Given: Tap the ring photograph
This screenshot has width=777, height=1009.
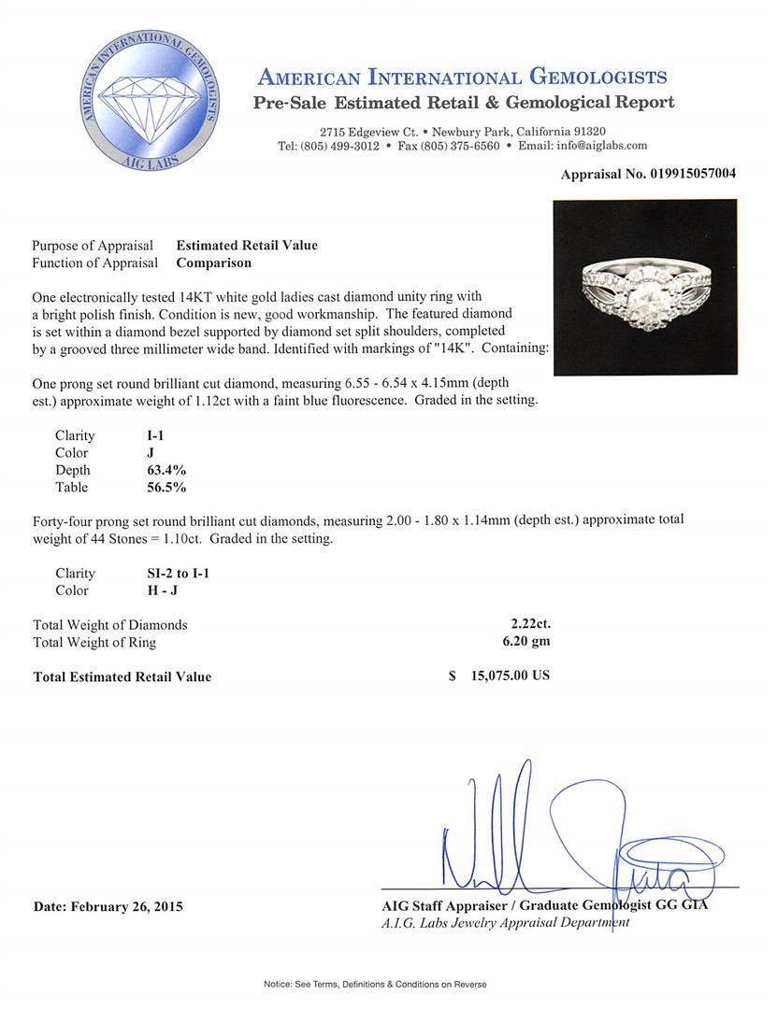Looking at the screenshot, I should [645, 288].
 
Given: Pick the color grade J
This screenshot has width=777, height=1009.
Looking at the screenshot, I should [138, 453].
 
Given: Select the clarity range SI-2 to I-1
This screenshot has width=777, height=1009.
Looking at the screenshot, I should [172, 573].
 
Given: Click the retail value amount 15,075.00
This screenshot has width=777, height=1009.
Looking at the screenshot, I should [499, 675].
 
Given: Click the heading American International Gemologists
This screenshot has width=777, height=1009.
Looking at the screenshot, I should [462, 77].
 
